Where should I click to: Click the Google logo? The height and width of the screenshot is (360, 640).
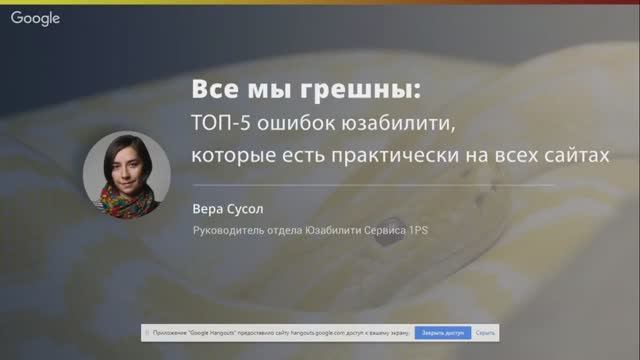point(35,18)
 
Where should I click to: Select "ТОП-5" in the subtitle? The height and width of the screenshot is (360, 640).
point(222,125)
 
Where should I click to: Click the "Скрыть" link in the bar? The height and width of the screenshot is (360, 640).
point(486,330)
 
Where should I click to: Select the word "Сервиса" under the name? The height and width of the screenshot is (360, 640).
point(378,236)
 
